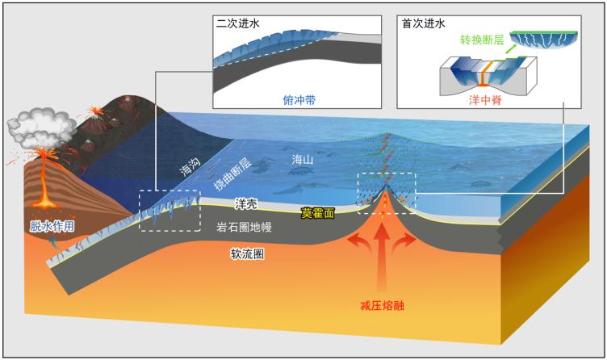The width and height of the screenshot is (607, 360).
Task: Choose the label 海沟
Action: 189,167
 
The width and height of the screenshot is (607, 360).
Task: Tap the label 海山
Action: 303,161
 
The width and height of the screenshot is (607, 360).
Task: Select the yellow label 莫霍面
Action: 316,213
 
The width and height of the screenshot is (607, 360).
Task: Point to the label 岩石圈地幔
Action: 244,228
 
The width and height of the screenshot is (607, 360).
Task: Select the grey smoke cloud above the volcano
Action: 39,126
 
